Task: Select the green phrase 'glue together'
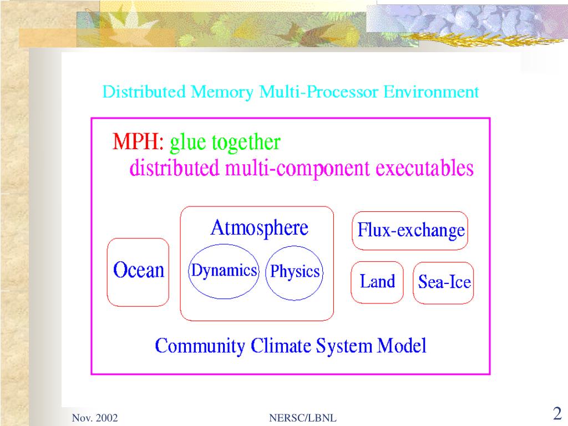(225, 143)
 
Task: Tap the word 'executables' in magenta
(424, 168)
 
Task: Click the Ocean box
(138, 271)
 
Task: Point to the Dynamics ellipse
(224, 271)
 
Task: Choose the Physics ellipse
(295, 272)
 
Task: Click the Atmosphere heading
(259, 228)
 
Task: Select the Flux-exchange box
(410, 230)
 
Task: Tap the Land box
(377, 282)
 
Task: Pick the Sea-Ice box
(444, 282)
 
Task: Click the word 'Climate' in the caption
(282, 346)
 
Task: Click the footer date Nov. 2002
(95, 418)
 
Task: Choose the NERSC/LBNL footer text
(302, 418)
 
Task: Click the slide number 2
(557, 413)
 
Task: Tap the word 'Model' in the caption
(402, 346)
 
